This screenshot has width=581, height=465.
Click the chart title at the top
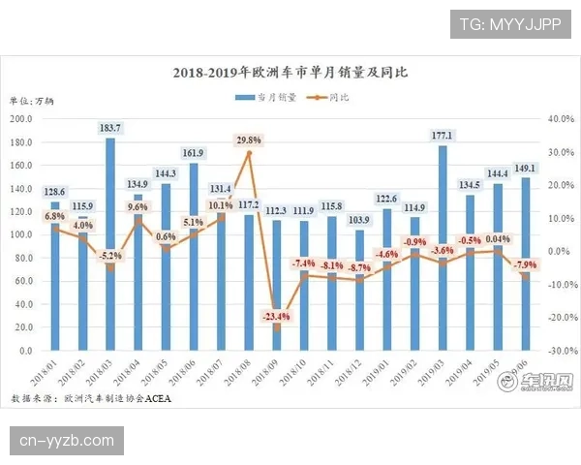(x=290, y=73)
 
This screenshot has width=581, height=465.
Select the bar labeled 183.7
(x=110, y=242)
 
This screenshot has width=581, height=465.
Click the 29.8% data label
(x=249, y=140)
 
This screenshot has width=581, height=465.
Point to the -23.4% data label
(x=275, y=316)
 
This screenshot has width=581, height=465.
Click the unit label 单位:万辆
(x=33, y=100)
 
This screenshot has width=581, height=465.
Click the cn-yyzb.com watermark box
(x=66, y=442)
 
